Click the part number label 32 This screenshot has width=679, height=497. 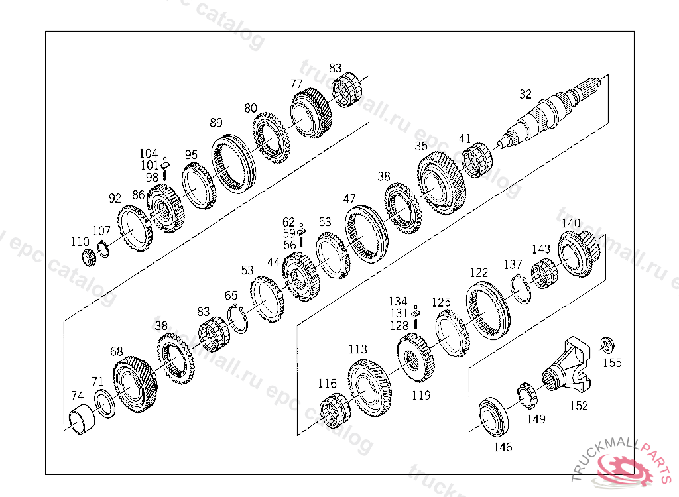click(x=525, y=94)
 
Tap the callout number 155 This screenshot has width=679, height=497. click(x=612, y=362)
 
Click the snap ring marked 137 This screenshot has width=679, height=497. click(x=521, y=289)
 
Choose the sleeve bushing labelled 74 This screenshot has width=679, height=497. click(x=82, y=420)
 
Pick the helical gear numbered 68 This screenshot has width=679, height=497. click(x=135, y=384)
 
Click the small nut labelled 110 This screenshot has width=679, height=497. click(x=90, y=258)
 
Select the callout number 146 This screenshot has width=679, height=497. click(x=503, y=447)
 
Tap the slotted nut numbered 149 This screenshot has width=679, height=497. click(x=527, y=395)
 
